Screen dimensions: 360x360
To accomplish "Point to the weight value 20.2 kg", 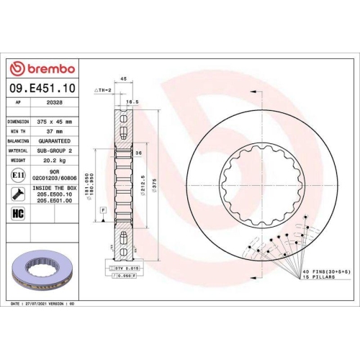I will click(55, 161).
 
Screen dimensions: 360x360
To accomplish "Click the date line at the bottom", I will click(43, 305).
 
